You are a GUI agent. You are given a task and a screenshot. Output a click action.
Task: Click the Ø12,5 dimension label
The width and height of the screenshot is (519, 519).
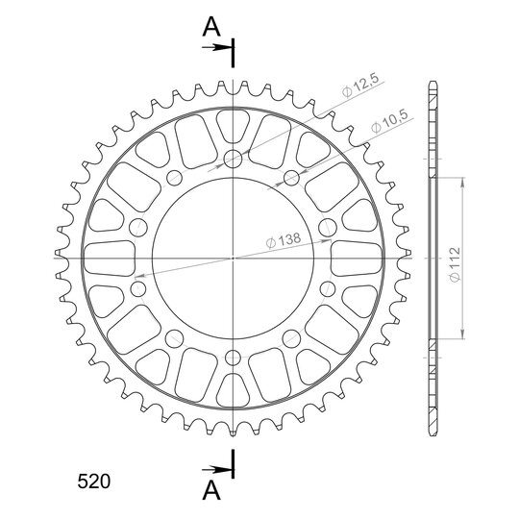[360, 86]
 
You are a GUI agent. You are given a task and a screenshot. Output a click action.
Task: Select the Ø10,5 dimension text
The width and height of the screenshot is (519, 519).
[389, 121]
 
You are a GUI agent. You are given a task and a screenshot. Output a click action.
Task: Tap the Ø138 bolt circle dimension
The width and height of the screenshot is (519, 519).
[284, 240]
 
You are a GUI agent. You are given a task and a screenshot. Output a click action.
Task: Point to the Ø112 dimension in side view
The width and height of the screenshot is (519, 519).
[456, 264]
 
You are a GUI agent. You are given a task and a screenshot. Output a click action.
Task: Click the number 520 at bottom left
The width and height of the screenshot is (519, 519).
[93, 482]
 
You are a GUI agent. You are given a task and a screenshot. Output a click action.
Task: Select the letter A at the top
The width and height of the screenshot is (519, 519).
[211, 27]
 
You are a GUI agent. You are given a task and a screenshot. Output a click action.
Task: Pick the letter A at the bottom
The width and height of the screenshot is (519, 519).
[211, 490]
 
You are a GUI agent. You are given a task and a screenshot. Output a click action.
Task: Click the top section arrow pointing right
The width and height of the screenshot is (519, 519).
[216, 48]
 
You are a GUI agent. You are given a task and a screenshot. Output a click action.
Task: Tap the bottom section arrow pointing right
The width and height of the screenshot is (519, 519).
[216, 469]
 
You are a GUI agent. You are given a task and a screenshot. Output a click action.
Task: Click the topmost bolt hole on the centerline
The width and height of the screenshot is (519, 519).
[233, 159]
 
